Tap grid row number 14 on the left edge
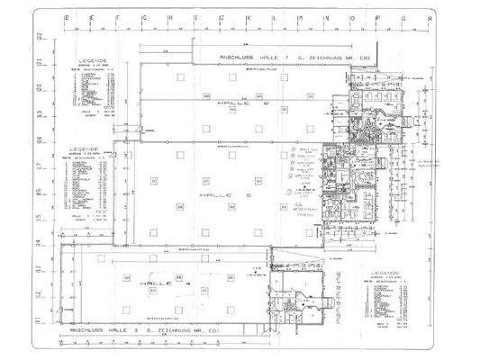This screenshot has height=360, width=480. pyautogui.click(x=40, y=243)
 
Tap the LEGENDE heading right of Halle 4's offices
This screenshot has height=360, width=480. pyautogui.click(x=385, y=271)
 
